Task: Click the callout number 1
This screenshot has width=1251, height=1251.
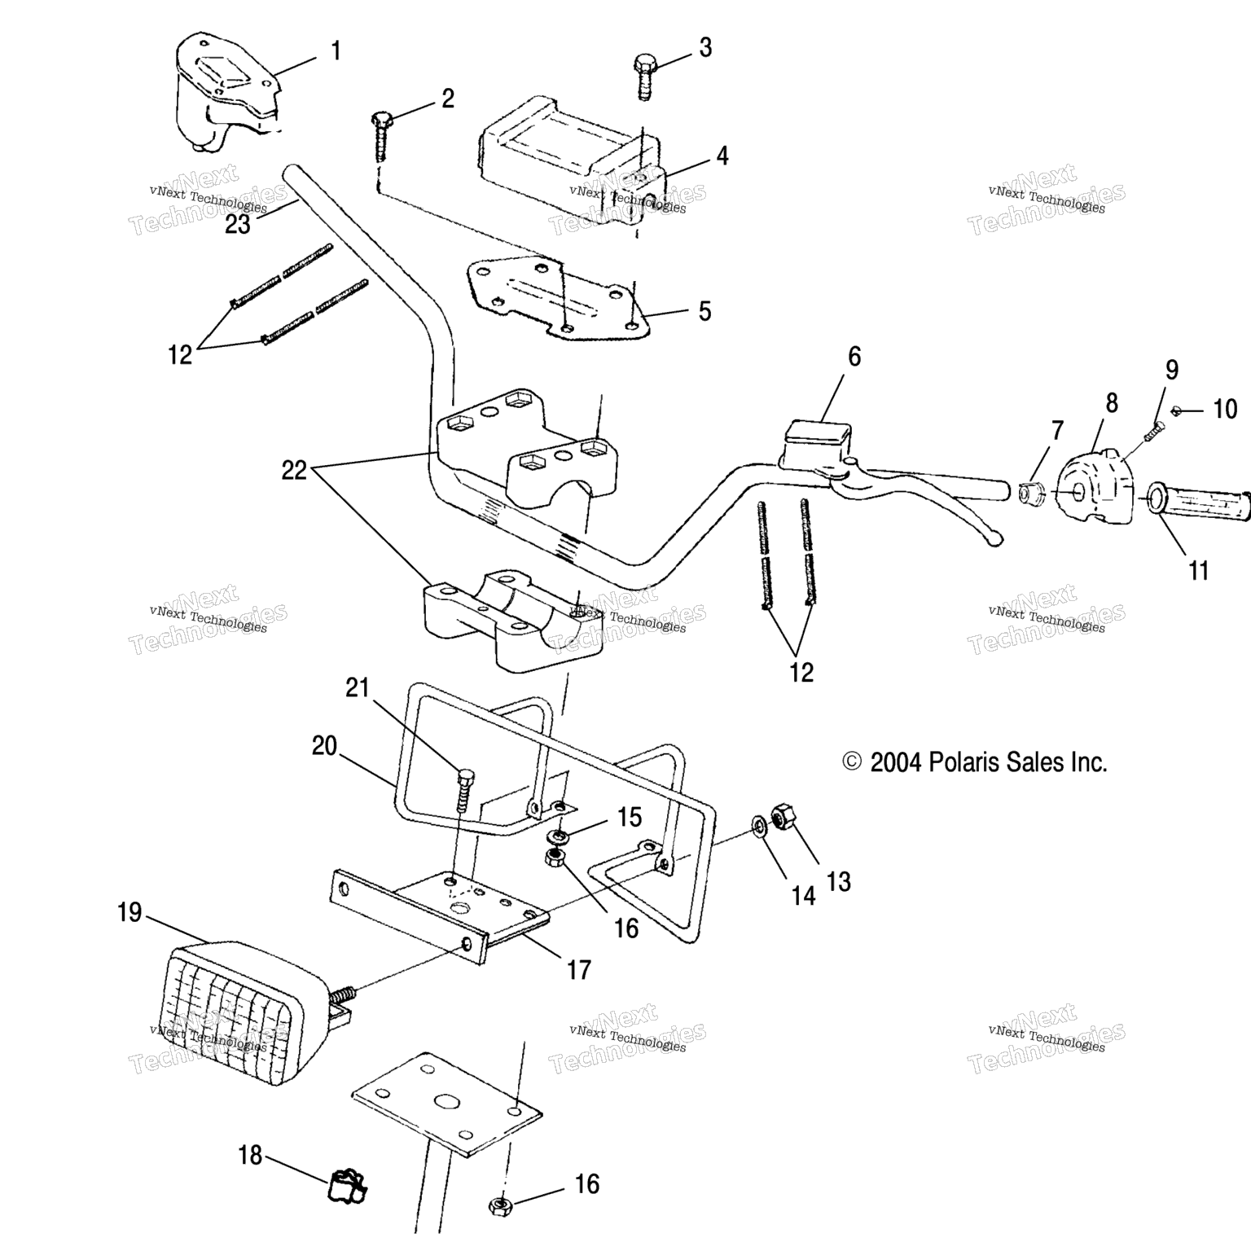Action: [335, 51]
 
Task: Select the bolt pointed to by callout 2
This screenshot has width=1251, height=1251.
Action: [381, 135]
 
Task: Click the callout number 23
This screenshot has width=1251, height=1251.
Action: [237, 224]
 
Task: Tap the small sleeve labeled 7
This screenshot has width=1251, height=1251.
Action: [1029, 492]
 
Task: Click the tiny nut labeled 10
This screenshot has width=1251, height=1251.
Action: [1175, 410]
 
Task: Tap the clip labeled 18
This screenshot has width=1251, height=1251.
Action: [347, 1186]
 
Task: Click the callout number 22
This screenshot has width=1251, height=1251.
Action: [294, 471]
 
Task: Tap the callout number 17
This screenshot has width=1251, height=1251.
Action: [578, 970]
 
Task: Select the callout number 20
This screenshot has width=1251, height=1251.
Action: [324, 745]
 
